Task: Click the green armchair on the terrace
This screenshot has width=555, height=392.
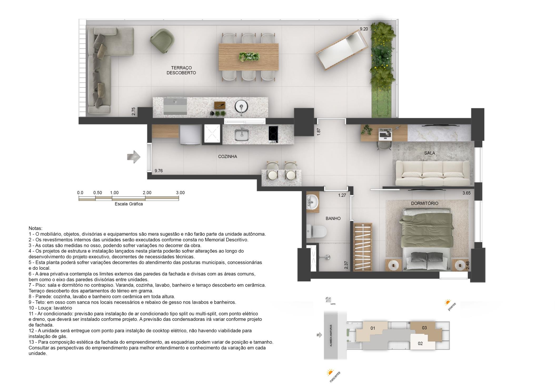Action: coord(162,41)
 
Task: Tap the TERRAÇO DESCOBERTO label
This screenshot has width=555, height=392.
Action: coord(181,70)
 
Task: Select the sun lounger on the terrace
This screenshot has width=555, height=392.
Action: coord(342,50)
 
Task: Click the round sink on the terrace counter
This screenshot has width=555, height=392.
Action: coord(241,107)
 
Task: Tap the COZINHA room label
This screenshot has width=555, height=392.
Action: coord(227,156)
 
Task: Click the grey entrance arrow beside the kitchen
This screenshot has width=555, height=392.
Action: coord(134,157)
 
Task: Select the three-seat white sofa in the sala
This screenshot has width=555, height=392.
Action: coord(433,173)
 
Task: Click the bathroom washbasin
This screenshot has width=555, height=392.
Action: coord(313,202)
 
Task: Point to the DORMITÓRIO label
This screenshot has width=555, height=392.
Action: coord(425,203)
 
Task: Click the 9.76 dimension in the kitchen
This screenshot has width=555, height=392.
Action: coord(159,171)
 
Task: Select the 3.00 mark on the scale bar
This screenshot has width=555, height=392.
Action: coord(180,193)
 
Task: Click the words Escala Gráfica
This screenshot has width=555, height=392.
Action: coord(129,204)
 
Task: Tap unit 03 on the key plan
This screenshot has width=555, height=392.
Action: coord(424,328)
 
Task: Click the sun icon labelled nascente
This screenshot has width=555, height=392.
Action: coord(330,373)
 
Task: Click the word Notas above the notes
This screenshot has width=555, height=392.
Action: coord(35,228)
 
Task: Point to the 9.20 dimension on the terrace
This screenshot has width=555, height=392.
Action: coord(364,29)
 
